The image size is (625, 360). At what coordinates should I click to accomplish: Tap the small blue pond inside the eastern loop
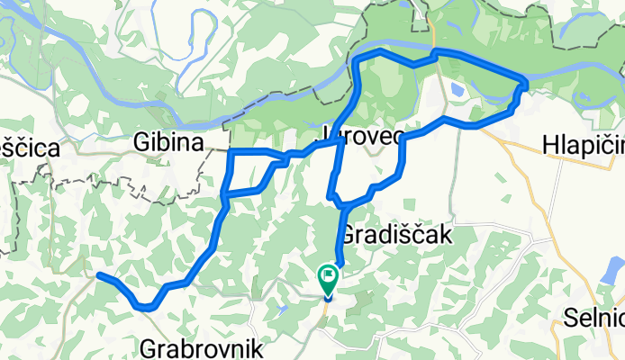tap(458, 91)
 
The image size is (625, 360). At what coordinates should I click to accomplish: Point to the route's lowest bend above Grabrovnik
tap(146, 307)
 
